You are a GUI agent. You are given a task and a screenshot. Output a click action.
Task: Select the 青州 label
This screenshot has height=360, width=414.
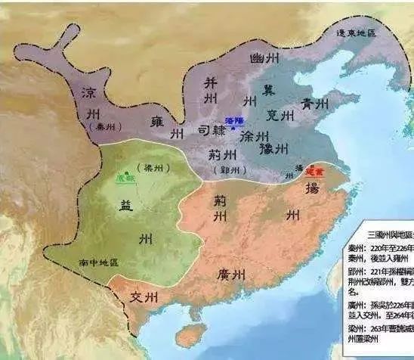315,104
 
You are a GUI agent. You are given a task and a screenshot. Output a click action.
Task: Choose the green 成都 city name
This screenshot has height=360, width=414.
125,177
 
